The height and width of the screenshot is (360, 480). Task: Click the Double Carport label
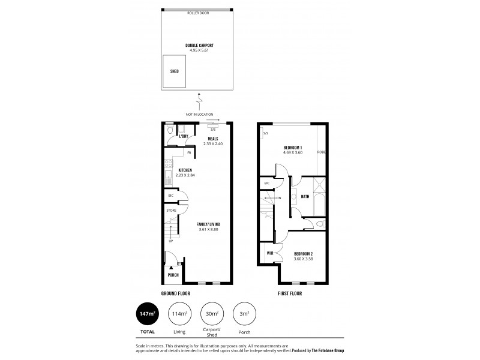(200, 45)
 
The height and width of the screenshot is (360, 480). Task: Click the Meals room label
(212, 139)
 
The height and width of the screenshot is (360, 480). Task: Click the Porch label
(173, 275)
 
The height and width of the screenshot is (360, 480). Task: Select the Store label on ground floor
(170, 211)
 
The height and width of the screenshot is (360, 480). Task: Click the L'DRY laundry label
(184, 136)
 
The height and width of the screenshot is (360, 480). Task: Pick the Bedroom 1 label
(293, 148)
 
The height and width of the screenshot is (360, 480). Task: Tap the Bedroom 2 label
(303, 254)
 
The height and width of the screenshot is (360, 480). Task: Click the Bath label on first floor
(305, 196)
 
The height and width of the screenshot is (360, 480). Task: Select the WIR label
(270, 253)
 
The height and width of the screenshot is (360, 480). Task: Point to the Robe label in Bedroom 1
(321, 152)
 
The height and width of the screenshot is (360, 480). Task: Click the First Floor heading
(289, 293)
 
